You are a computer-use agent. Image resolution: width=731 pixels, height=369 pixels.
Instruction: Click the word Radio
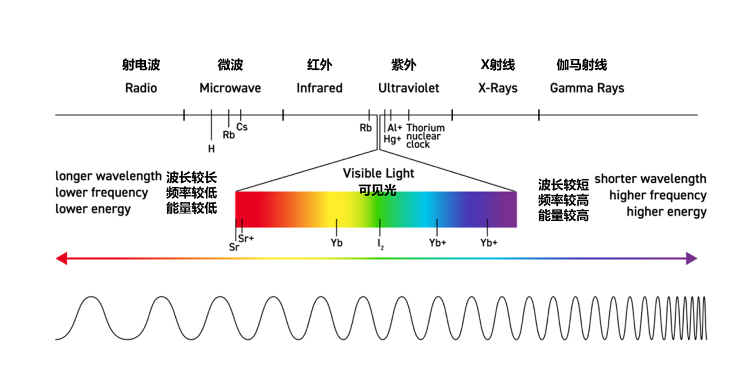click(141, 88)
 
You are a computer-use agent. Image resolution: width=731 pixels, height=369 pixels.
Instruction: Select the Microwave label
click(230, 88)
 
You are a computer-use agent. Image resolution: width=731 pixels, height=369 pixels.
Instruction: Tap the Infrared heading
click(319, 88)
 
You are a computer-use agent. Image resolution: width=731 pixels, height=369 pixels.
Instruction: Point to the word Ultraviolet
click(409, 88)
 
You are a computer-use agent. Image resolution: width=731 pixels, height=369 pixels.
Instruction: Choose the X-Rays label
click(498, 88)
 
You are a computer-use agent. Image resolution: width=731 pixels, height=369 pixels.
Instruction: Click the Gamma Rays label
click(587, 88)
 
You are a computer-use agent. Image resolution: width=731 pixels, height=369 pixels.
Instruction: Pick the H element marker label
click(212, 149)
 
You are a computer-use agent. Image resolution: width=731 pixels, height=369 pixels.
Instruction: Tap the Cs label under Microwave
click(242, 127)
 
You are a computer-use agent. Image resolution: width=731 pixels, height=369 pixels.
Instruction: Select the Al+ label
click(395, 128)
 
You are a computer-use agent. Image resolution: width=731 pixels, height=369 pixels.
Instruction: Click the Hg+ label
click(393, 139)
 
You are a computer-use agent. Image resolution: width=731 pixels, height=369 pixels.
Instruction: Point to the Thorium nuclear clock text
click(425, 136)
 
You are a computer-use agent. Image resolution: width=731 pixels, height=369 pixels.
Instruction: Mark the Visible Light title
click(378, 174)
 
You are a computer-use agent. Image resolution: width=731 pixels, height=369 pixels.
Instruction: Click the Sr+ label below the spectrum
click(246, 239)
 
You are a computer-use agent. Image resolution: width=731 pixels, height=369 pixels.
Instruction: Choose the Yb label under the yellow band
click(337, 243)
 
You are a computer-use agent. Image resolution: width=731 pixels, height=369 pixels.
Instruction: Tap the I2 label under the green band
click(380, 244)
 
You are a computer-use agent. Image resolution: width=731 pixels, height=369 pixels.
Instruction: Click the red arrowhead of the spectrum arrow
click(61, 258)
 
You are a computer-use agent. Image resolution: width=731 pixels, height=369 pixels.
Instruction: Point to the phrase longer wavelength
click(108, 176)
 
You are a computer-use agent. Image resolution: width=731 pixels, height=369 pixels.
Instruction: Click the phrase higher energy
click(666, 212)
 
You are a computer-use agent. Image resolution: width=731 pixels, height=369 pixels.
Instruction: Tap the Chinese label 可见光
click(378, 190)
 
